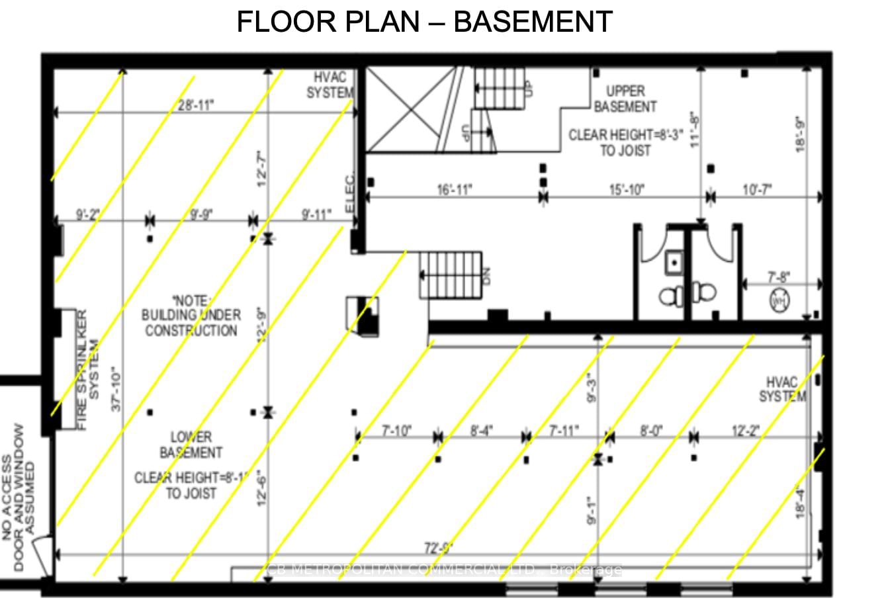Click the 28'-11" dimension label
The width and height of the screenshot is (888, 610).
click(196, 105)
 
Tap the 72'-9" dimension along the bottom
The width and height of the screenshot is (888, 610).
click(438, 548)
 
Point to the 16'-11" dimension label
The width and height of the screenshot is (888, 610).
click(454, 191)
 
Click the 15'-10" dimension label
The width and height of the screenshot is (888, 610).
click(626, 191)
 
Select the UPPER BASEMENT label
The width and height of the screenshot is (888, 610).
click(625, 99)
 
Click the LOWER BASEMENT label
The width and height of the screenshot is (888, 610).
click(191, 445)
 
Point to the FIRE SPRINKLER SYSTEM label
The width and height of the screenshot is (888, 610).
click(87, 370)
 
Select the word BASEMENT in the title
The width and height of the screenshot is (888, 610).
click(533, 22)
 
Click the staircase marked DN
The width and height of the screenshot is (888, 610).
click(451, 274)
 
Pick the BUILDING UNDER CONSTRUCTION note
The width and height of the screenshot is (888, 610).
click(191, 316)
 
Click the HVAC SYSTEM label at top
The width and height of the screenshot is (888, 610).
click(330, 85)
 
